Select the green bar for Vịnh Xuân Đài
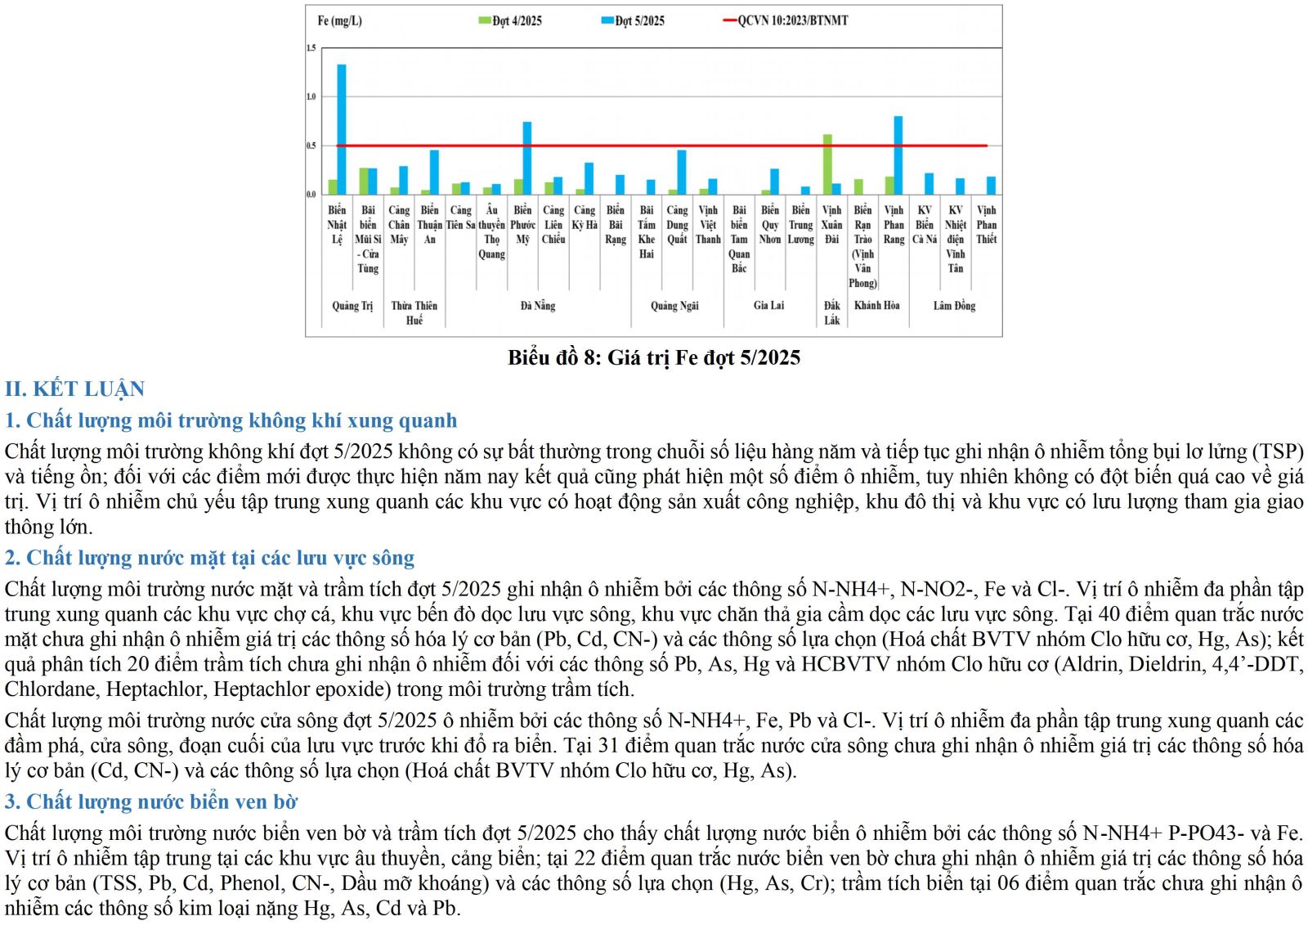(x=827, y=164)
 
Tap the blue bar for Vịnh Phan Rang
(x=898, y=155)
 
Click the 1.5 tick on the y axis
(x=311, y=48)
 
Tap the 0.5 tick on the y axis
(x=311, y=146)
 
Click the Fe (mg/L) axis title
(x=339, y=20)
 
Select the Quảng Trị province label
(x=352, y=306)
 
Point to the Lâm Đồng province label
(x=954, y=306)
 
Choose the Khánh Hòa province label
(x=876, y=306)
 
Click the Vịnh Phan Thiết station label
(x=987, y=225)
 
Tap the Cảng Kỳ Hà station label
(x=585, y=218)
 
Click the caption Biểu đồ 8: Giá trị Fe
(x=654, y=357)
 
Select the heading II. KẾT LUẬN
(x=74, y=388)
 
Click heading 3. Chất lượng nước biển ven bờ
(x=151, y=802)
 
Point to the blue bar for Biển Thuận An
(x=434, y=172)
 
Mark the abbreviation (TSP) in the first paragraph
(x=1277, y=451)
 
